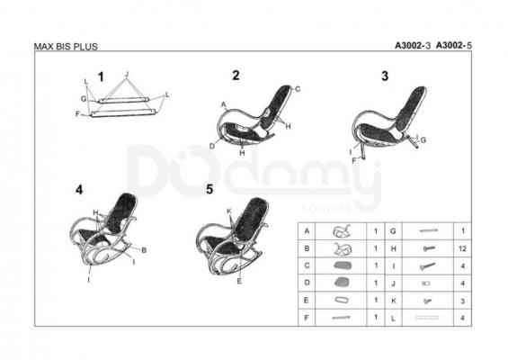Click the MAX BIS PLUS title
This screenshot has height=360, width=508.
click(66, 47)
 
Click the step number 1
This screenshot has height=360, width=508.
click(101, 77)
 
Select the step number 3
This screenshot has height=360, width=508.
click(385, 76)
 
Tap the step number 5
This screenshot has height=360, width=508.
click(209, 189)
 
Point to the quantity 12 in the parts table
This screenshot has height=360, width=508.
click(462, 248)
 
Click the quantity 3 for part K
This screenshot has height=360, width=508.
click(463, 301)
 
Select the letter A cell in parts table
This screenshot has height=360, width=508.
click(307, 231)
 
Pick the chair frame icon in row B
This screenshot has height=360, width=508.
click(343, 248)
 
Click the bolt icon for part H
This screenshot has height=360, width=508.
click(429, 248)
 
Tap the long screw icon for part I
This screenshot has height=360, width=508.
click(428, 266)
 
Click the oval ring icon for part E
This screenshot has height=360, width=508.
click(342, 301)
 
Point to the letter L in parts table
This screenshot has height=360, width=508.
click(393, 319)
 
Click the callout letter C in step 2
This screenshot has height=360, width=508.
click(298, 89)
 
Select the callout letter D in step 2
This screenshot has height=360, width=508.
click(212, 147)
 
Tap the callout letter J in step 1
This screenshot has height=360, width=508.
click(127, 74)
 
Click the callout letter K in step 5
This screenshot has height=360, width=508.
click(229, 211)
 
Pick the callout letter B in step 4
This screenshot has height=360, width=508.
click(144, 250)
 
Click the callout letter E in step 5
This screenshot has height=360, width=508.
click(239, 281)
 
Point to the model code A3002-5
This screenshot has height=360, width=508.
click(453, 46)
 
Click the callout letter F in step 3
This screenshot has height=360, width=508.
click(354, 160)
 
